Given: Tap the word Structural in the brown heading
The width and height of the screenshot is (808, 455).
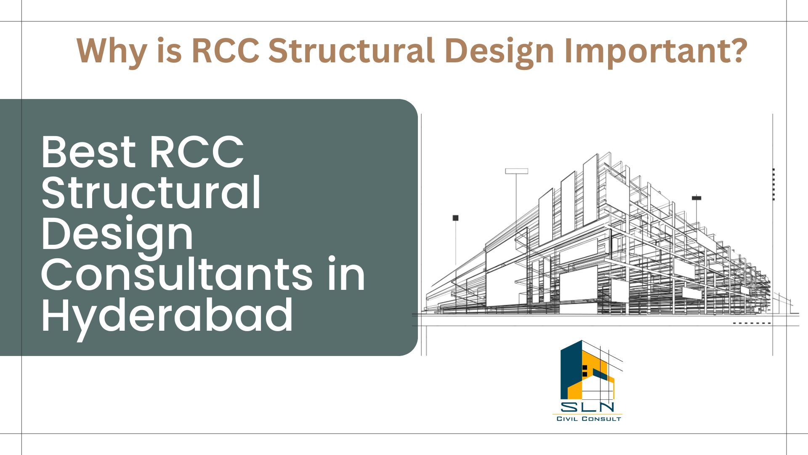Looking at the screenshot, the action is (x=351, y=51).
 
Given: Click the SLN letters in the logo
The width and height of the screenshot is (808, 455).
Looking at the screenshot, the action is (x=587, y=407).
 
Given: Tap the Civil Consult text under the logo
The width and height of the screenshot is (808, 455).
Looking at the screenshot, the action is (x=589, y=419).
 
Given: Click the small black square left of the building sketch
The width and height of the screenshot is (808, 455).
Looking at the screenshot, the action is (x=455, y=218).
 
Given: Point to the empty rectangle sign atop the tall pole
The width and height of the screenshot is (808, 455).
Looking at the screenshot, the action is (x=517, y=171).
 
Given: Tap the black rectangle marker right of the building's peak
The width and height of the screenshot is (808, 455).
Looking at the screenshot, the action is (x=696, y=198).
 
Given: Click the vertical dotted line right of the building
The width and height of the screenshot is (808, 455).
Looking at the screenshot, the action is (x=774, y=184).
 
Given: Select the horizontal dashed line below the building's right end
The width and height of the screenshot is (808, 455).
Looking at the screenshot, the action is (x=752, y=323).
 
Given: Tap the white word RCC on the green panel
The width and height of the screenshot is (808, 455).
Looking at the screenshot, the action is (x=196, y=152).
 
